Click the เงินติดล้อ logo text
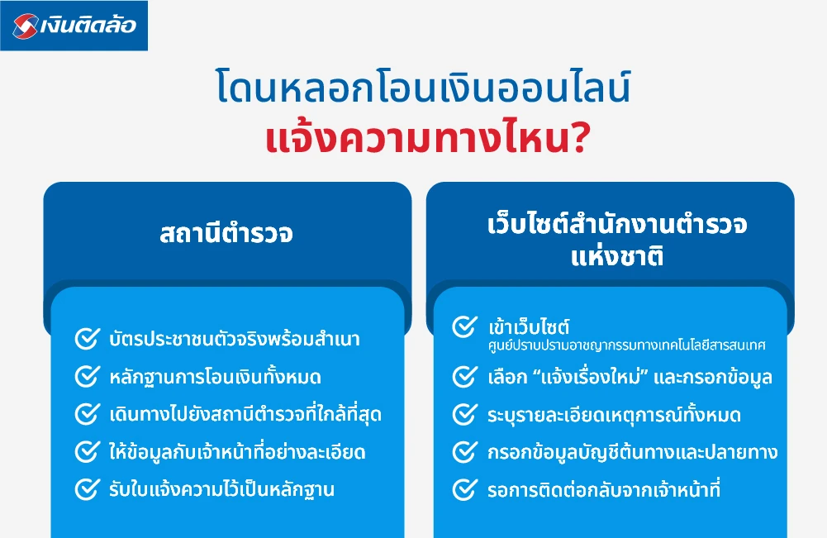(x=89, y=26)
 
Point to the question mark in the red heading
(x=579, y=138)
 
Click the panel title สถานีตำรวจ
(x=226, y=234)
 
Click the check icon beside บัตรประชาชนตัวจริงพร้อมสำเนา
(x=87, y=339)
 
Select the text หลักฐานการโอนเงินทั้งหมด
(x=215, y=378)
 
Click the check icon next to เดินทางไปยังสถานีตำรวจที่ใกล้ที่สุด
(x=87, y=414)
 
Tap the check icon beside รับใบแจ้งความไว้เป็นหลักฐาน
(x=87, y=489)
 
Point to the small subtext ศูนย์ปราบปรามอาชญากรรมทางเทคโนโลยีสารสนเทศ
(x=626, y=345)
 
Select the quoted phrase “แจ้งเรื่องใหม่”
(x=595, y=378)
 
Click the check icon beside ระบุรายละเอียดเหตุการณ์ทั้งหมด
(x=464, y=414)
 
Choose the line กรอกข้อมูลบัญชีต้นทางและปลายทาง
(x=632, y=452)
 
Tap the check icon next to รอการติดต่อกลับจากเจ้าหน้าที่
(x=464, y=489)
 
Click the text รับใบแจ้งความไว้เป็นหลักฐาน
(x=221, y=489)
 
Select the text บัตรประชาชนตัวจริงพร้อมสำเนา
(x=235, y=339)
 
